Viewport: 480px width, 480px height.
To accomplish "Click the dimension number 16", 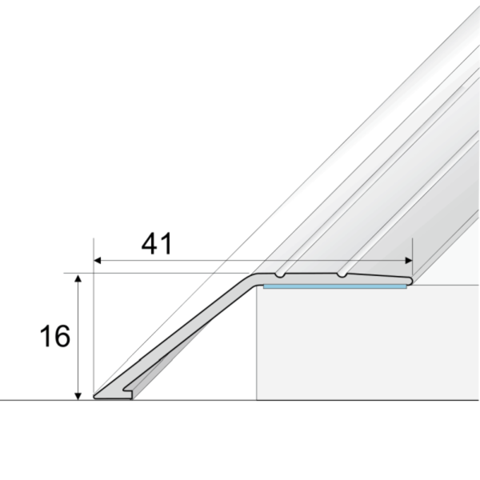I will pos(55,336).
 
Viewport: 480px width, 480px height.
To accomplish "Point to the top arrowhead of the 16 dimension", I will pos(78,278).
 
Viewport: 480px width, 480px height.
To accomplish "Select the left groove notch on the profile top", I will pos(279,276).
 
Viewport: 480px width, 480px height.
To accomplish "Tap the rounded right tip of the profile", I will pos(410,281).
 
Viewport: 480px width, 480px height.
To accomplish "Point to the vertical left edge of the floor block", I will pos(256,344).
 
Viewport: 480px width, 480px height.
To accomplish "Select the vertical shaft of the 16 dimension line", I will pos(78,336).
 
